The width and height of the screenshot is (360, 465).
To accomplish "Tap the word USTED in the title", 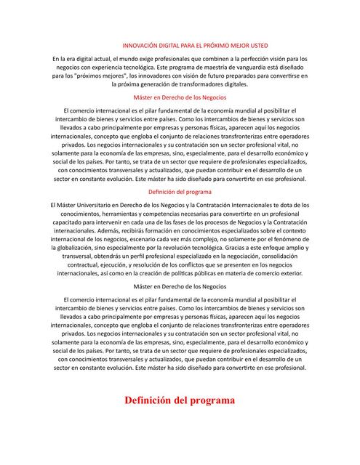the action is (266, 44).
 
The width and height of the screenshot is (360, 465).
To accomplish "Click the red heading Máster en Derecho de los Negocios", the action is (180, 97).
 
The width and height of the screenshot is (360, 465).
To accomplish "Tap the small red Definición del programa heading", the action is (180, 192).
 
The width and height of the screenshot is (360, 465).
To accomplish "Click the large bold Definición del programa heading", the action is (180, 400).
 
